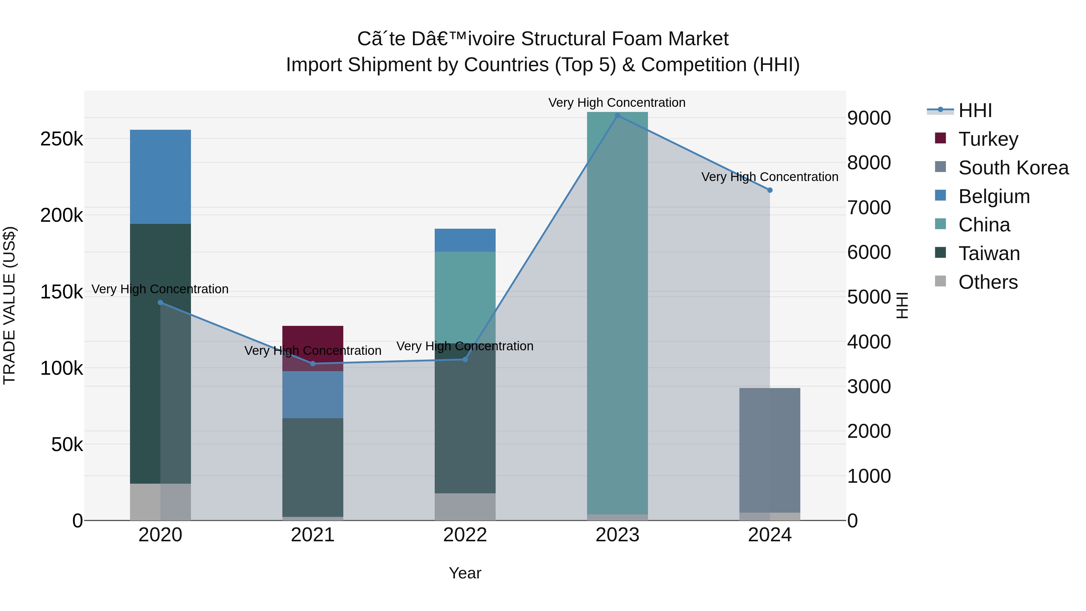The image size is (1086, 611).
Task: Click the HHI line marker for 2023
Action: coord(617,116)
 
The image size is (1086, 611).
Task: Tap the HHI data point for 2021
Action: coord(313,364)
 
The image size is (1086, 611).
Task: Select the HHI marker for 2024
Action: coord(770,190)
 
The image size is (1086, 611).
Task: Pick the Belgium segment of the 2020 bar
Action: coord(160,177)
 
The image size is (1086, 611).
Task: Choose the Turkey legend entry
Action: coord(988,139)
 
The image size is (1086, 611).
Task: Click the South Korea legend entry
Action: coord(1013,168)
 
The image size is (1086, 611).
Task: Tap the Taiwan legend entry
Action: coord(989,253)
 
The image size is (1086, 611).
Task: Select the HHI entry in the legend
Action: coord(975,110)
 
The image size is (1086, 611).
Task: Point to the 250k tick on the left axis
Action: coord(62,139)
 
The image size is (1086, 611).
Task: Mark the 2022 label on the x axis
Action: coord(465,535)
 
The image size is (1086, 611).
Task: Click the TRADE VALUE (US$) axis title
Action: coord(9,305)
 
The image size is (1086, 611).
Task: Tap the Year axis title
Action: coord(465,573)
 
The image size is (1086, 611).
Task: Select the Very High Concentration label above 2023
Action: coord(617,103)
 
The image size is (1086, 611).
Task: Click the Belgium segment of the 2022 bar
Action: coord(465,240)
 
